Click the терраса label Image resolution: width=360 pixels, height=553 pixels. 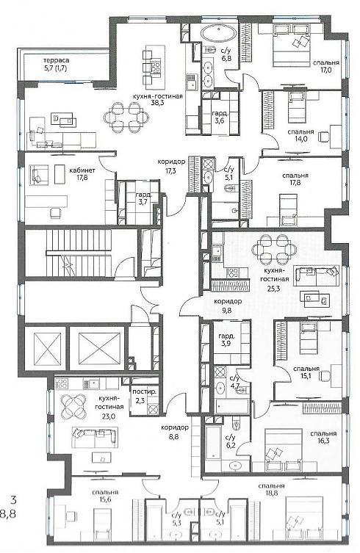pyautogui.click(x=56, y=60)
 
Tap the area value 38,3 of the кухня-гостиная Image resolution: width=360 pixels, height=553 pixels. pyautogui.click(x=158, y=104)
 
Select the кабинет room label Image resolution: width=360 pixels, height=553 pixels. pyautogui.click(x=82, y=170)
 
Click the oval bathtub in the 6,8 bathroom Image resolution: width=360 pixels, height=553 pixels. pyautogui.click(x=219, y=35)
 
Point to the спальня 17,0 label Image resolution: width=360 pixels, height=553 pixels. pyautogui.click(x=326, y=66)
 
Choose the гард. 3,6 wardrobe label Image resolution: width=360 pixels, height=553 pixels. pyautogui.click(x=220, y=118)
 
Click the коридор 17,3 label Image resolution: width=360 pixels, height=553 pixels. pyautogui.click(x=171, y=165)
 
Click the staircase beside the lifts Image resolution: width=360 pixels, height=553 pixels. pyautogui.click(x=80, y=252)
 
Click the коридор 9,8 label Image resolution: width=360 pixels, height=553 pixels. pyautogui.click(x=228, y=306)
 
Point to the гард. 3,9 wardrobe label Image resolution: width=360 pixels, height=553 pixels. pyautogui.click(x=226, y=339)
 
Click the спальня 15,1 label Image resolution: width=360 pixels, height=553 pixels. pyautogui.click(x=306, y=372)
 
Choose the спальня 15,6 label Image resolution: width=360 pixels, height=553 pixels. pyautogui.click(x=105, y=496)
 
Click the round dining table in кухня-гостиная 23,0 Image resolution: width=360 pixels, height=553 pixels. pyautogui.click(x=73, y=405)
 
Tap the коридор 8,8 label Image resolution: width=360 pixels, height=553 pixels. pyautogui.click(x=175, y=431)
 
